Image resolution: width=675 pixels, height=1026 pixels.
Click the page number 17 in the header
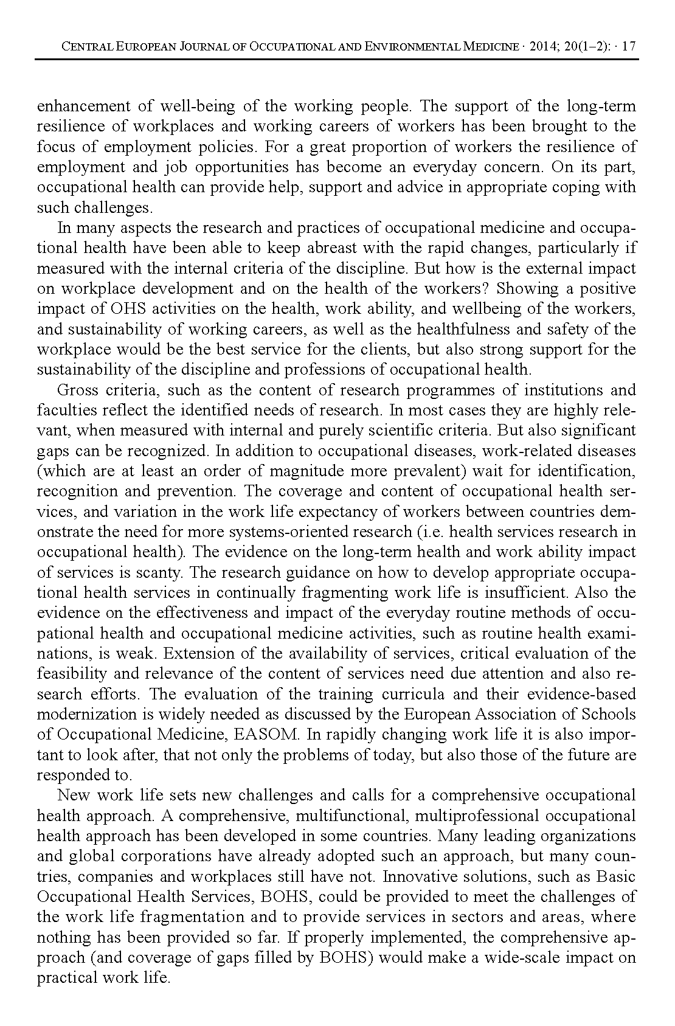coord(629,46)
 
